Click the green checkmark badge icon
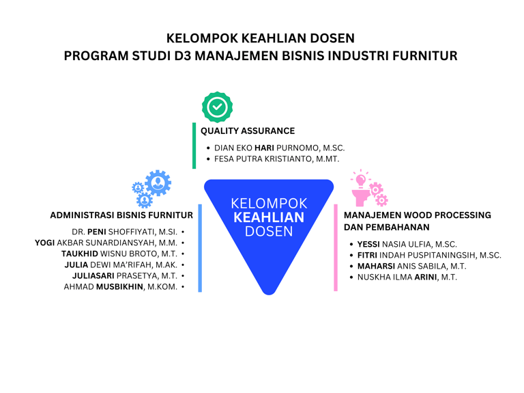coord(217,107)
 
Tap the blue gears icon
coord(152,188)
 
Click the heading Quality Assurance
coord(247,131)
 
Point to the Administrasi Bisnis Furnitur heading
coord(121,215)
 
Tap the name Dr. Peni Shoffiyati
coord(124,232)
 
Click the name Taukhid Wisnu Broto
coord(119,254)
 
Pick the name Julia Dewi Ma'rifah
coord(121,265)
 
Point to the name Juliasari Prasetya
coord(125,275)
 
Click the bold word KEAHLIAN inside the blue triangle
coord(269,217)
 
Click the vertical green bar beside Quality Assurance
coord(194,145)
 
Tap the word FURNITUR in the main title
coord(424,56)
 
